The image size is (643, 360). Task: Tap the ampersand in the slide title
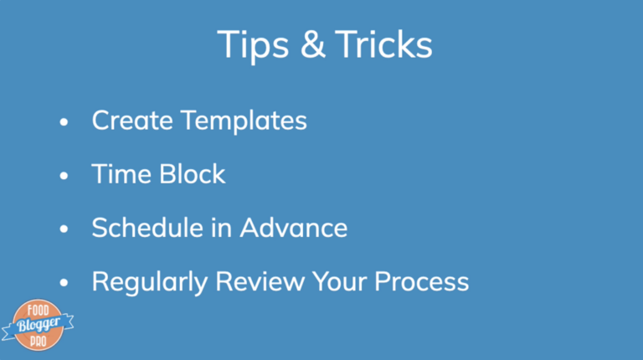(x=313, y=44)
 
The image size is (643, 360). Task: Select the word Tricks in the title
(x=383, y=44)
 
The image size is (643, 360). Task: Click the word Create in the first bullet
(x=132, y=120)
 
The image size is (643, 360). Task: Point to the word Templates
(x=244, y=121)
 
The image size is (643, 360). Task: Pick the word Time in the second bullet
(x=121, y=174)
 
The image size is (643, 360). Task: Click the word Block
(x=193, y=173)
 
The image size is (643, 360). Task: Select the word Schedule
(x=147, y=228)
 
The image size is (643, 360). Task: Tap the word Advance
(x=294, y=228)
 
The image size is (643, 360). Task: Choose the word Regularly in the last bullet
(x=149, y=282)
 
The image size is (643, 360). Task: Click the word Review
(x=260, y=281)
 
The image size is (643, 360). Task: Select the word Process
(x=422, y=281)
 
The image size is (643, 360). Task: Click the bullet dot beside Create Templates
(x=64, y=121)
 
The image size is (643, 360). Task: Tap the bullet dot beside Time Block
(x=64, y=176)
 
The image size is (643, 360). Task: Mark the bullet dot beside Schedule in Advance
(x=64, y=229)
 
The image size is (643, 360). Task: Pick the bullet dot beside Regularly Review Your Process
(x=64, y=282)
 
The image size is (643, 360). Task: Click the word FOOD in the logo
(x=39, y=311)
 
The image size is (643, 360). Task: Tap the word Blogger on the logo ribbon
(x=39, y=325)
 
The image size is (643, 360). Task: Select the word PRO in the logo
(x=39, y=342)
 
